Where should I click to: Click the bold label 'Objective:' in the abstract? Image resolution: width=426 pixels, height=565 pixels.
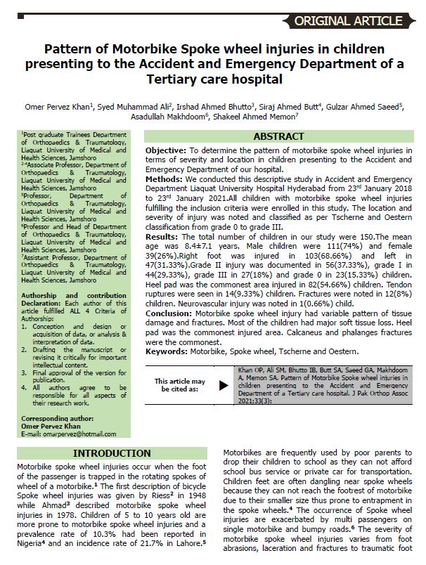coord(166,151)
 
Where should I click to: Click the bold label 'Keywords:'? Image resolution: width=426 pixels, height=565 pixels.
coord(169,351)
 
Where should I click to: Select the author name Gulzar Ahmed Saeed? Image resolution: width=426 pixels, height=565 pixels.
coord(366,106)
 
